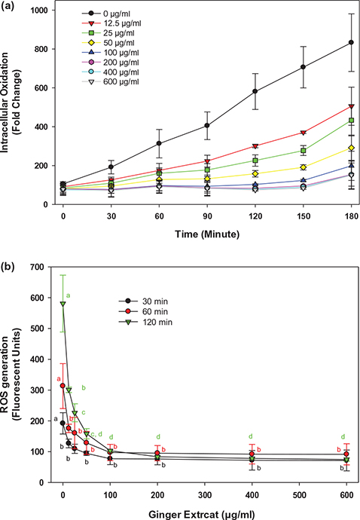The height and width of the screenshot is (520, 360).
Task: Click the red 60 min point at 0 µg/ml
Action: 63,386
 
